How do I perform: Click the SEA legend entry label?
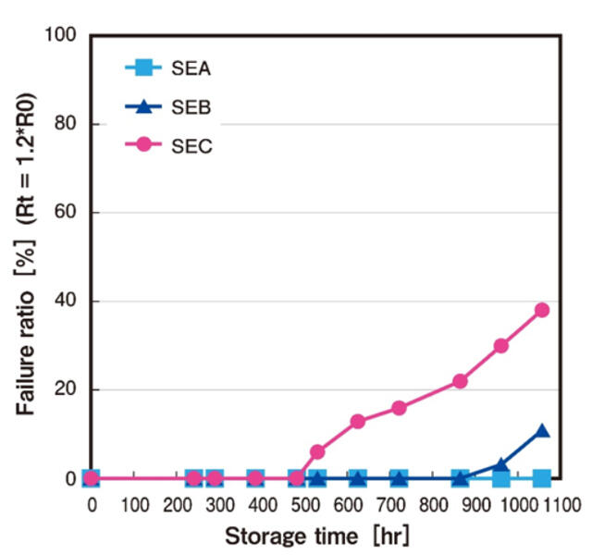(191, 68)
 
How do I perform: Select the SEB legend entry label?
(191, 107)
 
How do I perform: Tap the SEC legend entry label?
(191, 146)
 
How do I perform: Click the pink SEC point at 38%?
(542, 310)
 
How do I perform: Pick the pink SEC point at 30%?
(501, 345)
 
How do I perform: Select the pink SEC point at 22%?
(460, 381)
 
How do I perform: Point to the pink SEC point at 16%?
(399, 407)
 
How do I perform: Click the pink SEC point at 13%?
(358, 421)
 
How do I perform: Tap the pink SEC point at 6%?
(317, 451)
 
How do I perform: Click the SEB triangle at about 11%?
(542, 431)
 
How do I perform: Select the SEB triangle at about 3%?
(501, 465)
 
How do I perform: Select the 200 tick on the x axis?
(175, 505)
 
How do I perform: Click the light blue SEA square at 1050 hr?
(542, 478)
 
